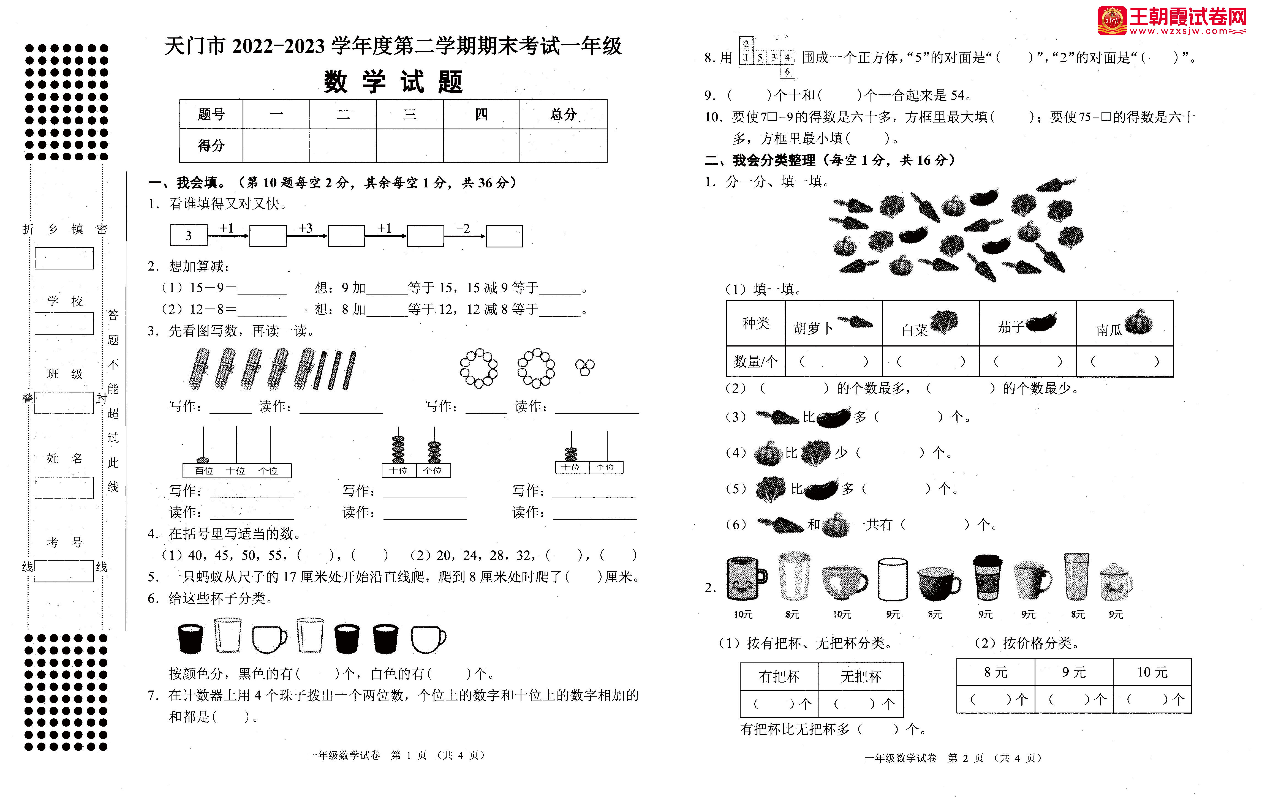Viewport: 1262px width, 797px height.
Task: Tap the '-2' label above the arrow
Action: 463,228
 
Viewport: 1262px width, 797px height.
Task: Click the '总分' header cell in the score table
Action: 563,114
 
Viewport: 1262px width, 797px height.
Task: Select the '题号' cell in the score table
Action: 211,114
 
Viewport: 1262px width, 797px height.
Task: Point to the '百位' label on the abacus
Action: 204,471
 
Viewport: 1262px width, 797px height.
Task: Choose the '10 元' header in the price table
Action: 1152,672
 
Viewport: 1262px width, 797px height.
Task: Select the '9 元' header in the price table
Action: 1074,672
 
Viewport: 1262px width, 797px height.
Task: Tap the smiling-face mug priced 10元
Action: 746,579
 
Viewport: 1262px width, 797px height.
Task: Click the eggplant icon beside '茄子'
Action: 1041,322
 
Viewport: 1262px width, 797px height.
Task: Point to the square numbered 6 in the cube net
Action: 787,71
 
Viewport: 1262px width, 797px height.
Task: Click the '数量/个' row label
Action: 755,361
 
